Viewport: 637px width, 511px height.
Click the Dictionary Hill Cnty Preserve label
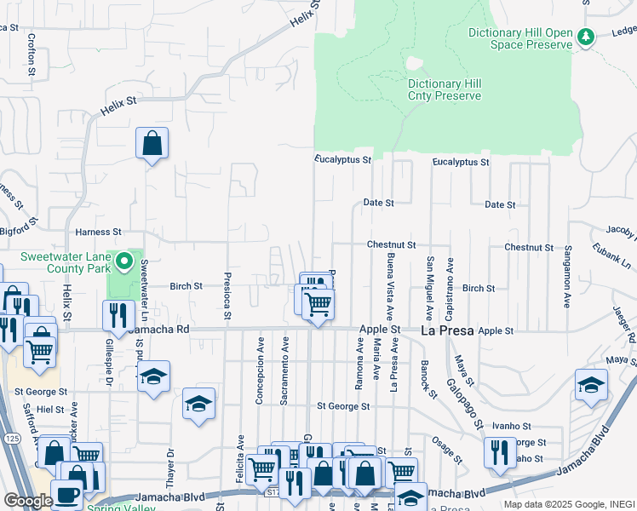coord(445,89)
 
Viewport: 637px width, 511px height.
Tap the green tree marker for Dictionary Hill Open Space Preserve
coord(585,37)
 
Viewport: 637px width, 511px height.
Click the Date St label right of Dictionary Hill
coord(500,205)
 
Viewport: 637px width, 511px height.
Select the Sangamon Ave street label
coord(566,276)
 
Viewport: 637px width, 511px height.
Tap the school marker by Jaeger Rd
coord(591,385)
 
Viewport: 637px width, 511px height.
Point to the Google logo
coord(28,501)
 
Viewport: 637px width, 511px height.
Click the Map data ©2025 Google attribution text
coord(569,504)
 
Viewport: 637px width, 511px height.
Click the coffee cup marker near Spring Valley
coord(67,495)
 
